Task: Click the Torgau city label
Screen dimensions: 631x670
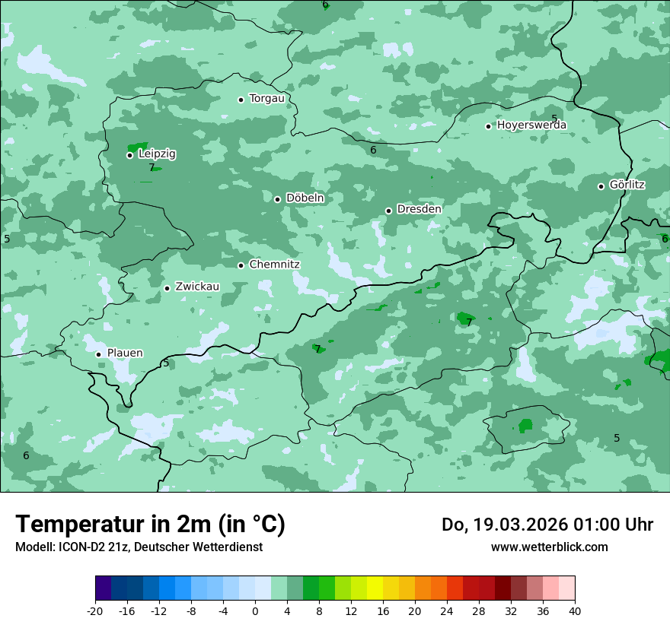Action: [x=266, y=99]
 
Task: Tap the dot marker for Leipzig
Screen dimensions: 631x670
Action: [x=129, y=155]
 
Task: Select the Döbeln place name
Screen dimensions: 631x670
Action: [x=305, y=198]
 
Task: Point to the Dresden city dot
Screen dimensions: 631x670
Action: [x=388, y=211]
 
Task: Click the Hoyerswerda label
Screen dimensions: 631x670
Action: [x=531, y=125]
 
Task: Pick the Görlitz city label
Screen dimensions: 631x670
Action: [x=627, y=185]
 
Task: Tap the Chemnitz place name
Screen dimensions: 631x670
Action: [x=274, y=265]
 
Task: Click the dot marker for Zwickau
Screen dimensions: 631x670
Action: [x=167, y=288]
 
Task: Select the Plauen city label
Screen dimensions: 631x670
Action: [x=124, y=354]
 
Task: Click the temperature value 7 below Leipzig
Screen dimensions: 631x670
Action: [x=152, y=168]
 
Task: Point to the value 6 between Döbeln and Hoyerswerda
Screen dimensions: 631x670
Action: [x=373, y=151]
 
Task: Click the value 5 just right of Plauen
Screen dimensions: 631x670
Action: [x=166, y=363]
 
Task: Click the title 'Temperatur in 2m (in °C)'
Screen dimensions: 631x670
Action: [x=150, y=525]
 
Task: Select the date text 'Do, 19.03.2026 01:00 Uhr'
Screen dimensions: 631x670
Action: [x=547, y=525]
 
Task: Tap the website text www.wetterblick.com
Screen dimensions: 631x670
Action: [x=549, y=547]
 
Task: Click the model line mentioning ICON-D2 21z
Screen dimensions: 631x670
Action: [x=139, y=547]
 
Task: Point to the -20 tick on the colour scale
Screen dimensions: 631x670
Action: [x=95, y=610]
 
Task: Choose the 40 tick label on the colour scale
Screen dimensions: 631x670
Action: [x=575, y=610]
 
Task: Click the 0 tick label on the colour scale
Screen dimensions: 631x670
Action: [x=255, y=610]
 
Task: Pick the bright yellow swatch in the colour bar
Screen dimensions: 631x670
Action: [x=375, y=588]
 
